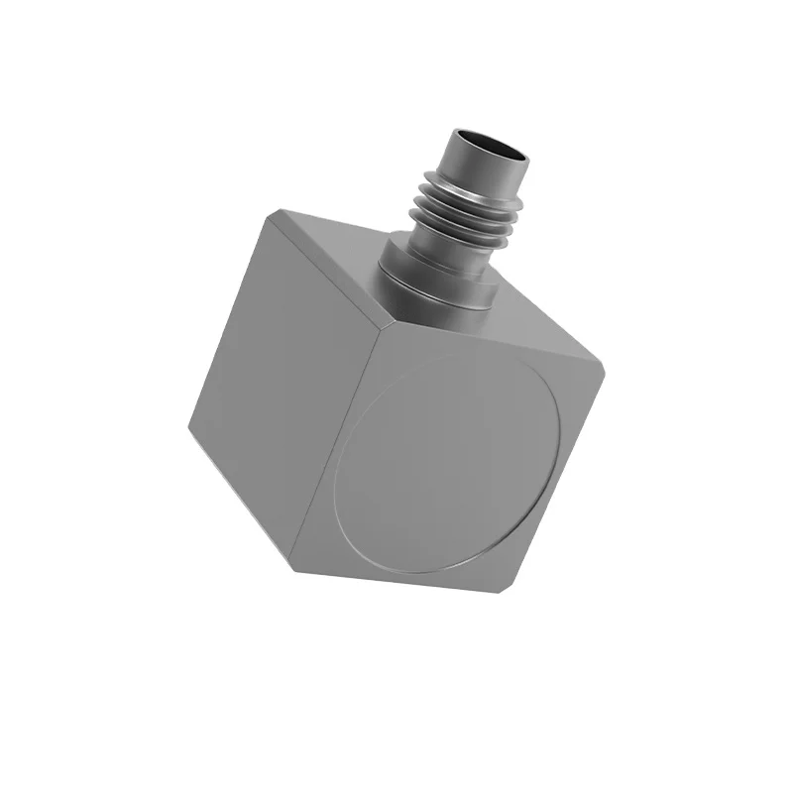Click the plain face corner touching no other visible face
coord(188,426)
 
